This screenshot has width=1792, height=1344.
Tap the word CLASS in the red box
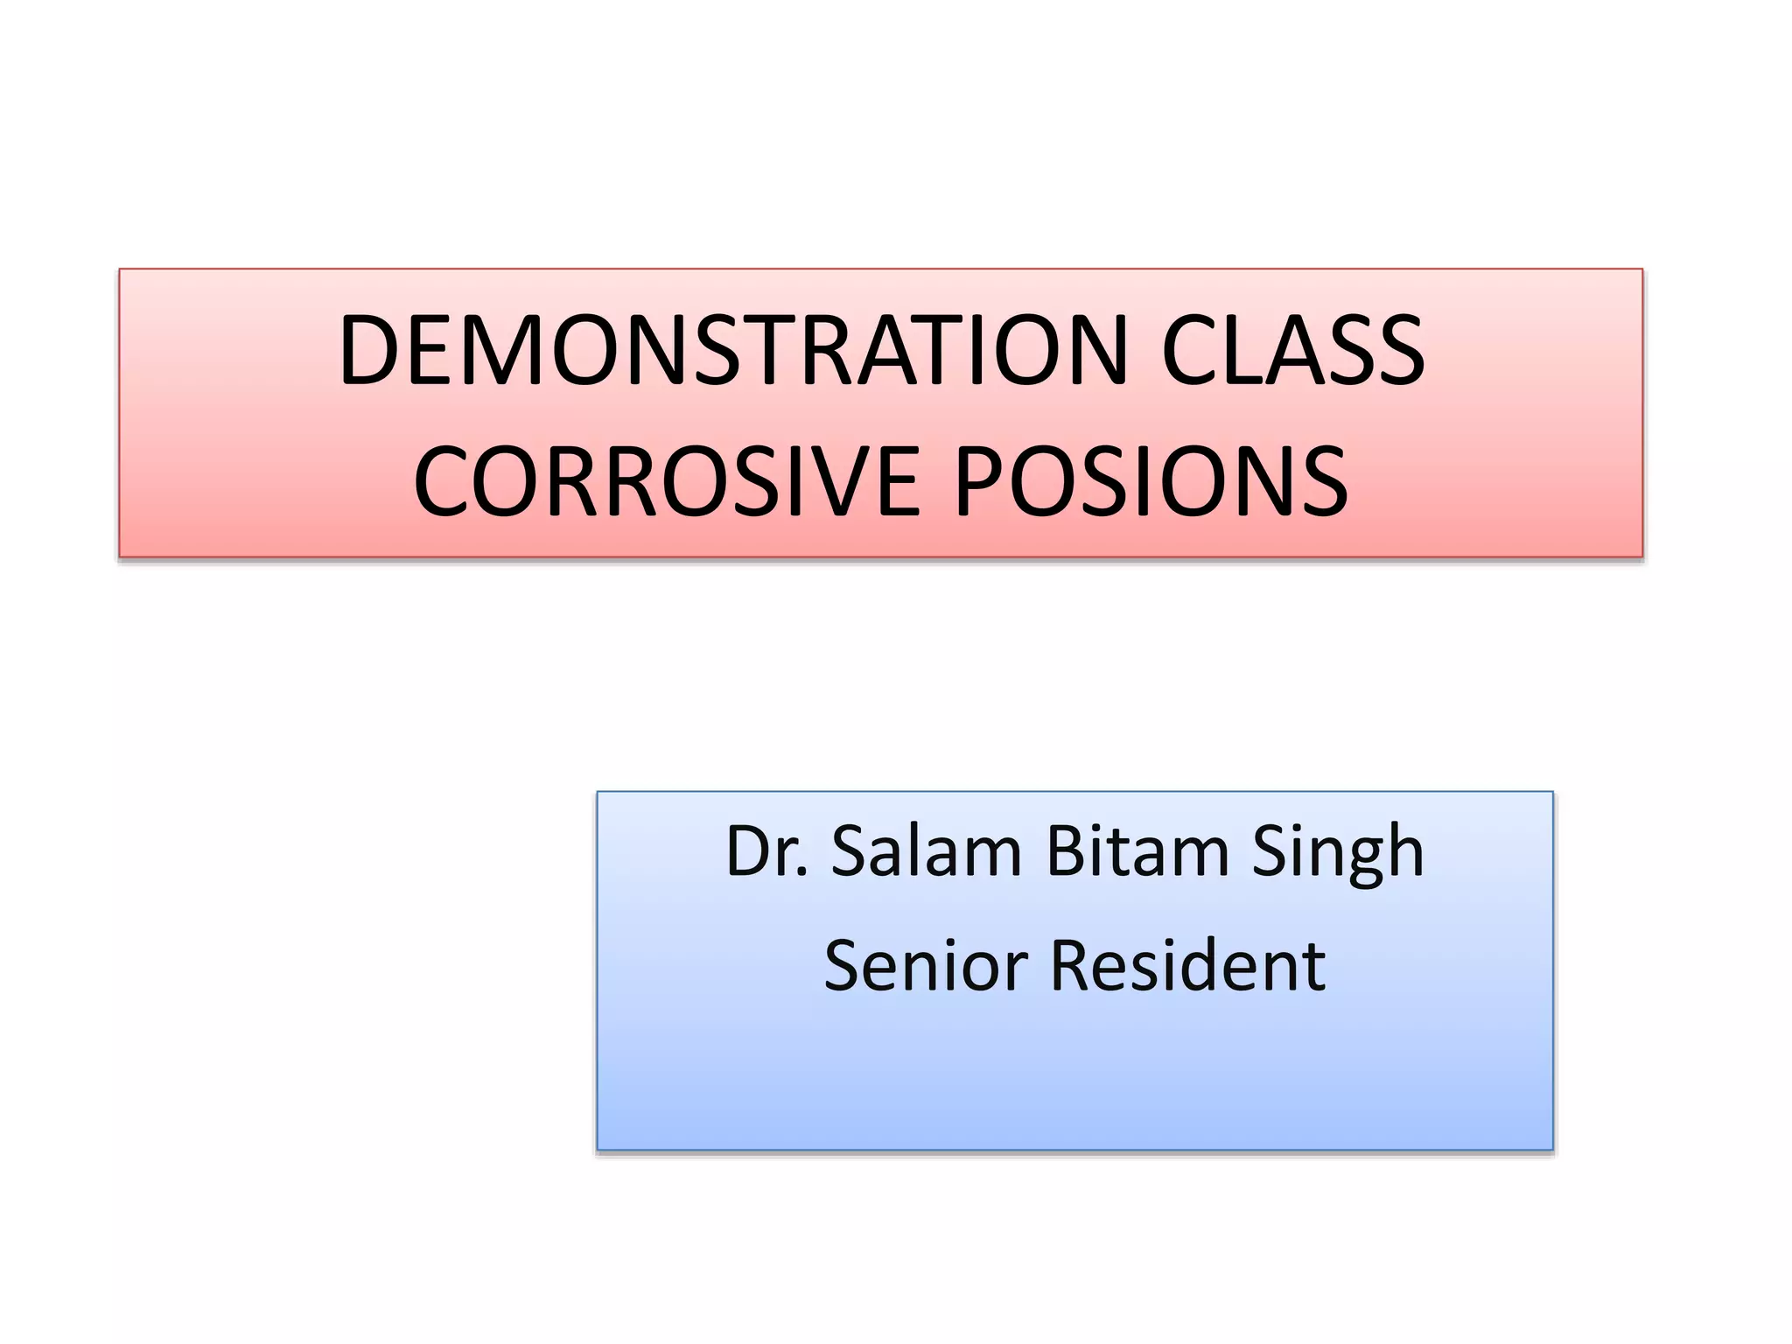tap(1293, 351)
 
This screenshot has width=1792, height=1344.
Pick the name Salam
tap(926, 851)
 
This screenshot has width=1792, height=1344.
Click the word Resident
tap(1187, 966)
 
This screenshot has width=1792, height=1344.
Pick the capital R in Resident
tap(1073, 966)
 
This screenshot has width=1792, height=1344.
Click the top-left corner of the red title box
tap(120, 269)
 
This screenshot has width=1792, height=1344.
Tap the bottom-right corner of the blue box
tap(1552, 1149)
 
